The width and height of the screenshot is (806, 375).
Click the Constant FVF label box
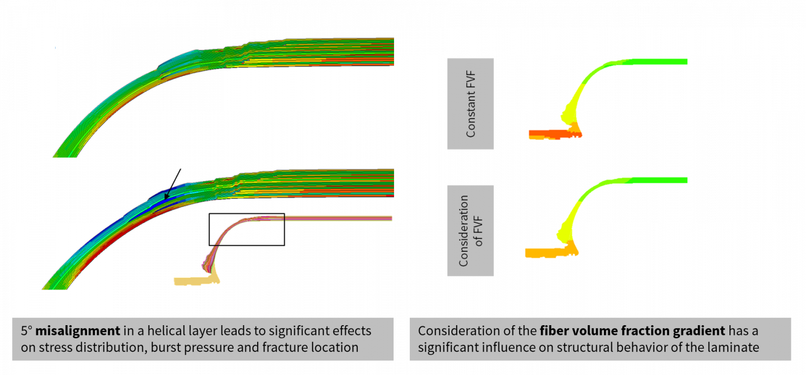470,103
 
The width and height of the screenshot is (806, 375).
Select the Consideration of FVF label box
470,230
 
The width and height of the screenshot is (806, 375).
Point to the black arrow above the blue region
174,183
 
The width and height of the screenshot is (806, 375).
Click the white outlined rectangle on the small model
247,229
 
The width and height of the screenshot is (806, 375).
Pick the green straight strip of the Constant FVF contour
656,62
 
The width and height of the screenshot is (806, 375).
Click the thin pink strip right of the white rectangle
338,218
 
